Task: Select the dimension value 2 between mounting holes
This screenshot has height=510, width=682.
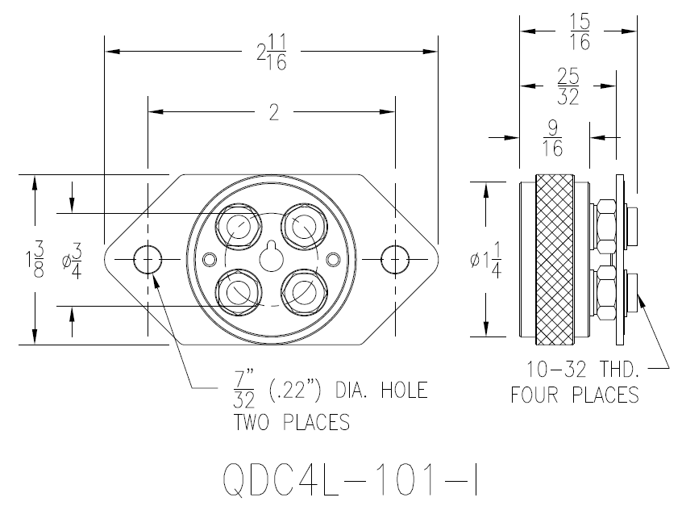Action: pos(273,113)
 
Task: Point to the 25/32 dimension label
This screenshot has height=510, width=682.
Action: pos(568,85)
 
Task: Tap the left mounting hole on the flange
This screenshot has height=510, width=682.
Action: pos(148,259)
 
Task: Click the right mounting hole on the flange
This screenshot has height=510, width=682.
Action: pos(395,259)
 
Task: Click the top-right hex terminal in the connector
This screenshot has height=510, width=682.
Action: pos(303,225)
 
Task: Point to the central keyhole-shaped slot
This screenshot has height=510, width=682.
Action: pos(272,256)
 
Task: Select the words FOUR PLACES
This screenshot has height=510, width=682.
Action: pos(574,395)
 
